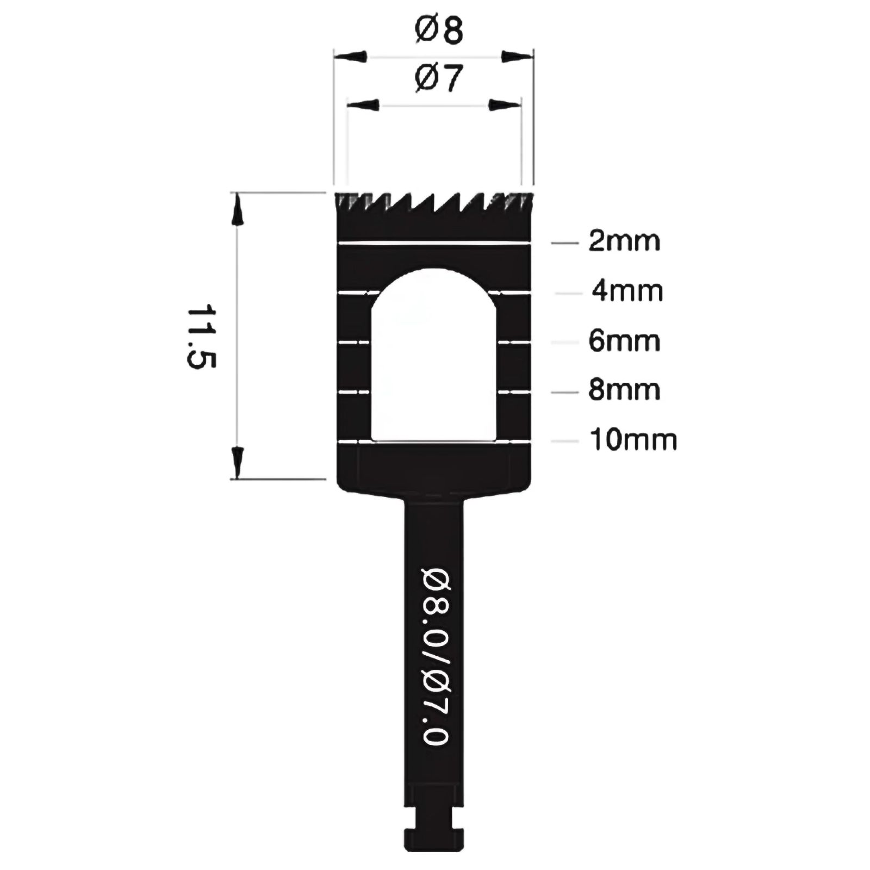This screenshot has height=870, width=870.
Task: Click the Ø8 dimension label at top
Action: (438, 30)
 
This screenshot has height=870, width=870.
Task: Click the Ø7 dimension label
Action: (438, 78)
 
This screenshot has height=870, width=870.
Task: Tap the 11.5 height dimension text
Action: (202, 337)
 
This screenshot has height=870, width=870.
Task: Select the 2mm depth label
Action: (624, 241)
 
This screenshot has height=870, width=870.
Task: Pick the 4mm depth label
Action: (627, 291)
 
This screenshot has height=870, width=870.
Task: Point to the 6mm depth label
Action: (624, 341)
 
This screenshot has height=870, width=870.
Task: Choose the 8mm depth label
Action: (624, 390)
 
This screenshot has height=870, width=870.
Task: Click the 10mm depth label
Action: (633, 439)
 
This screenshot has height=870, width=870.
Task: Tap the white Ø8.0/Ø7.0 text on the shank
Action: (436, 656)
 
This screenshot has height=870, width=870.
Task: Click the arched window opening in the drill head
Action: (434, 353)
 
